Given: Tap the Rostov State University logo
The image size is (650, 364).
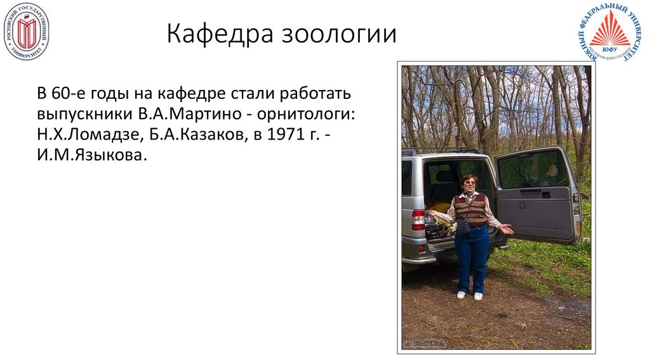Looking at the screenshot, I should click(26, 31).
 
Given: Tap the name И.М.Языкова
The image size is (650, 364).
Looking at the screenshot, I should click(91, 154).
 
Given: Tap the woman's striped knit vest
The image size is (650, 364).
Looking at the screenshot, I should click(471, 210).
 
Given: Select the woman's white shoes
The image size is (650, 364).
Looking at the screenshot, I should click(470, 295).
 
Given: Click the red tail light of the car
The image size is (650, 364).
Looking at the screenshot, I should click(418, 219).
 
